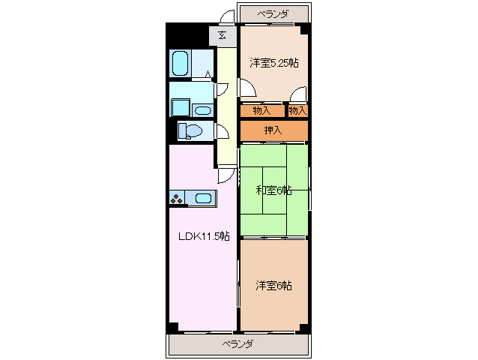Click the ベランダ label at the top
[x=273, y=13]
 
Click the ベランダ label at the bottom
[x=238, y=344]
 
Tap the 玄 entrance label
[x=223, y=35]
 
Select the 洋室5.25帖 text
[x=274, y=64]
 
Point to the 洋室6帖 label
[x=273, y=285]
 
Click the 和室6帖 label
[x=273, y=190]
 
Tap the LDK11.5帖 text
[x=203, y=236]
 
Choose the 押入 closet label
[x=273, y=130]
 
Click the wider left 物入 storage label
[x=262, y=111]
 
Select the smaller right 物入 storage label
[x=298, y=111]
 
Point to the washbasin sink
[x=203, y=109]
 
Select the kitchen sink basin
[x=202, y=199]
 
